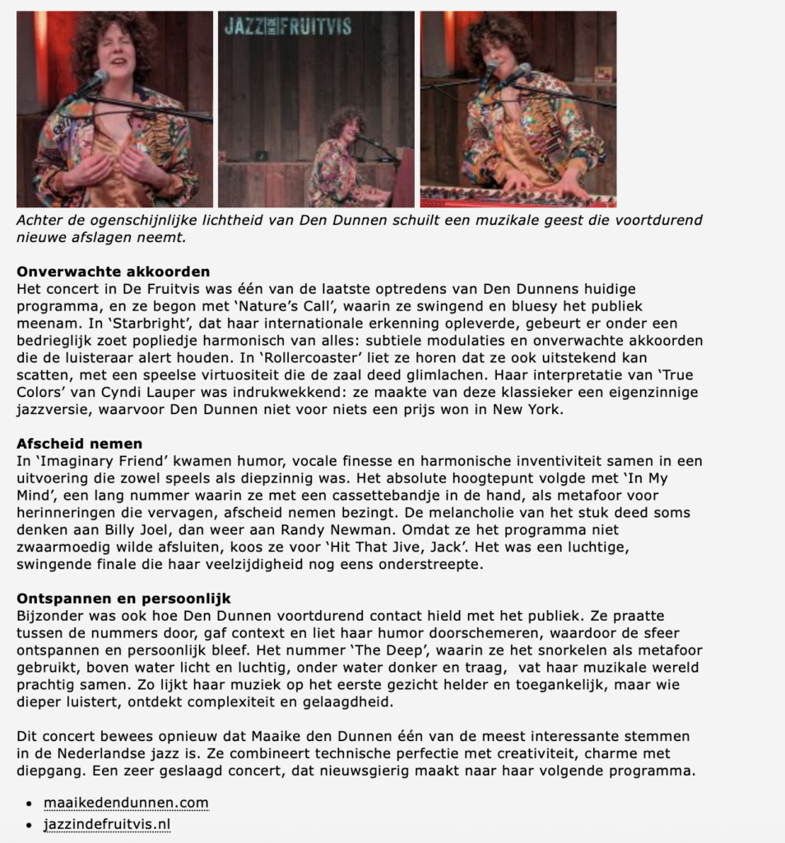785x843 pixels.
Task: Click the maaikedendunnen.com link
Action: [x=126, y=803]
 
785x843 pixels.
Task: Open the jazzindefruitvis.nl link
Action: [x=107, y=824]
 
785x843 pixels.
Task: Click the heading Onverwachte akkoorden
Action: [x=114, y=272]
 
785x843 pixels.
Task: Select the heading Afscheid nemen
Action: [x=80, y=444]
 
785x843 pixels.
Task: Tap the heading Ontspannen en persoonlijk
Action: [x=123, y=598]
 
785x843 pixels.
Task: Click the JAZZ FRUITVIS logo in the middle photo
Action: [x=288, y=26]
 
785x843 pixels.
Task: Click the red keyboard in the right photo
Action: [x=518, y=198]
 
